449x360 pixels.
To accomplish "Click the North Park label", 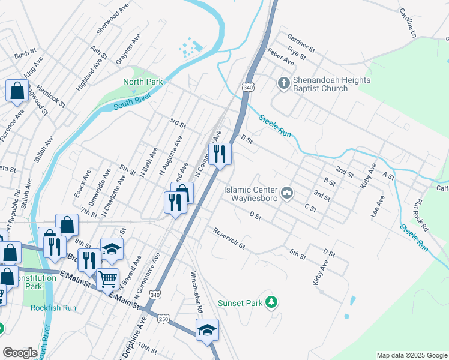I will coord(143,82).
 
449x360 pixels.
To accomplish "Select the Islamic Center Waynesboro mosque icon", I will coord(287,193).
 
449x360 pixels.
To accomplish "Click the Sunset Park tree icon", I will coord(272,302).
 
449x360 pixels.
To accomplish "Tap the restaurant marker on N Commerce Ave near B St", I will coord(220,154).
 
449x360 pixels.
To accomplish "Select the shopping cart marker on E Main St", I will coord(107,279).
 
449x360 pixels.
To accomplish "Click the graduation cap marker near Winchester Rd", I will coord(207,330).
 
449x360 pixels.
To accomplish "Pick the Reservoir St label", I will coord(229,238).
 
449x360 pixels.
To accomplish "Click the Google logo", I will coord(20,353).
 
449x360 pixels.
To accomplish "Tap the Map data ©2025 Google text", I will coord(411,355).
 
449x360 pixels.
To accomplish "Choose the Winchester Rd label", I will coord(196,293).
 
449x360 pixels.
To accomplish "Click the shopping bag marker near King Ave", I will coord(17,91).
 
